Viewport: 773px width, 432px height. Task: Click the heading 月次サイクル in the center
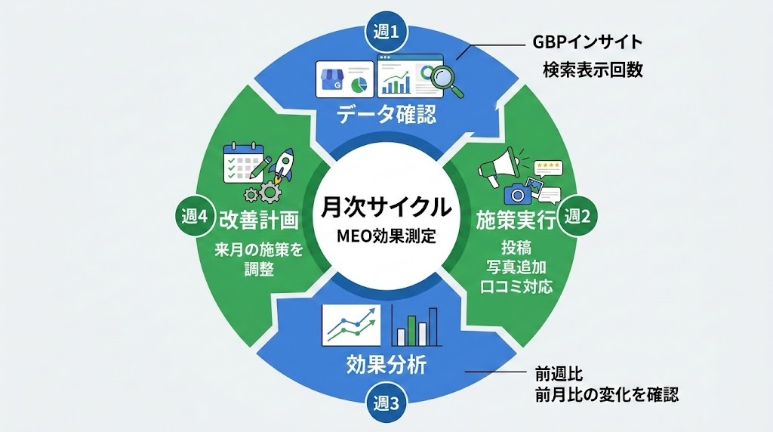pos(386,206)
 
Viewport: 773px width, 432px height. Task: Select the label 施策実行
pos(516,220)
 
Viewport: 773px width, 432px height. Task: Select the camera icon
pos(519,193)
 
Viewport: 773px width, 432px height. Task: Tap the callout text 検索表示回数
pos(593,70)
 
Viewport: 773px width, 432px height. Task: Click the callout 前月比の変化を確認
pos(602,394)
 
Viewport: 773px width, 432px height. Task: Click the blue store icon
pos(331,78)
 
